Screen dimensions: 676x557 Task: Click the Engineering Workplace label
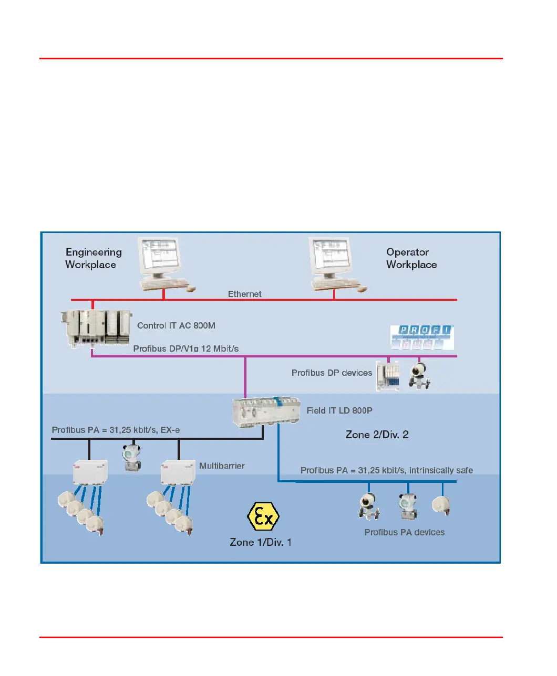click(x=93, y=258)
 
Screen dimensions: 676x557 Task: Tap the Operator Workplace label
click(x=411, y=258)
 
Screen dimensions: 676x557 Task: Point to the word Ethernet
click(x=244, y=294)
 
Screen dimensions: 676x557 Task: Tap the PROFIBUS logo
click(x=422, y=337)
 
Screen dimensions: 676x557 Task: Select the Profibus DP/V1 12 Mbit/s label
click(x=185, y=348)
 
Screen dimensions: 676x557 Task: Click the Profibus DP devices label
click(x=332, y=373)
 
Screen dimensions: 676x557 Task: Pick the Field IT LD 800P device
click(x=266, y=411)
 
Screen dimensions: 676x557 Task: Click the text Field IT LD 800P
click(x=339, y=410)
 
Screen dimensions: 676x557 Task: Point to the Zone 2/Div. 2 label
click(x=377, y=435)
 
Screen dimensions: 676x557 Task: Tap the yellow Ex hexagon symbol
click(x=263, y=517)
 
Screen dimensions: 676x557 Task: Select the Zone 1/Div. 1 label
click(x=261, y=542)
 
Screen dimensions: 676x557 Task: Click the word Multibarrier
click(x=222, y=466)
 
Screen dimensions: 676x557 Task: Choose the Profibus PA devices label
click(x=404, y=532)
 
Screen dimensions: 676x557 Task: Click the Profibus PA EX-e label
click(x=116, y=430)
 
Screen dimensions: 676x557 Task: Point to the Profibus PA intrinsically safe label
click(x=386, y=470)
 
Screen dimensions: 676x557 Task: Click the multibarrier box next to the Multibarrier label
click(x=178, y=472)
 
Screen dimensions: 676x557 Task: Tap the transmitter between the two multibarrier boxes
click(x=131, y=457)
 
